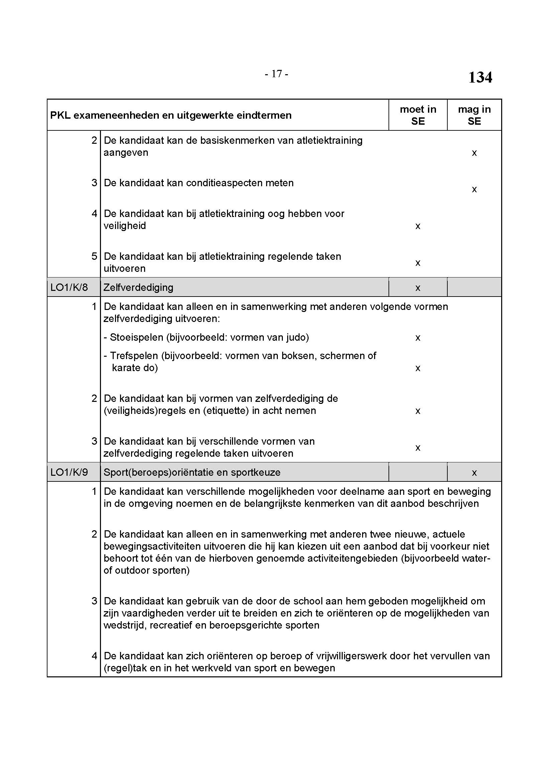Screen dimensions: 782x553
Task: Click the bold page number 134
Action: [x=480, y=77]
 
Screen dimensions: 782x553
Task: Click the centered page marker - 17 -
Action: [x=276, y=74]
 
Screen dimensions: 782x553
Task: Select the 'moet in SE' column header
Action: [x=418, y=115]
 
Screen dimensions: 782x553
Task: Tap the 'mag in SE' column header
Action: [x=474, y=115]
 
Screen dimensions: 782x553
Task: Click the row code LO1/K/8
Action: [x=69, y=288]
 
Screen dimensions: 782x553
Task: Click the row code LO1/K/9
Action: [x=69, y=472]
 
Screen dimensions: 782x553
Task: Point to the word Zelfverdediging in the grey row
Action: [x=138, y=288]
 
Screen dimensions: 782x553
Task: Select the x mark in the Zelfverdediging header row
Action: [x=418, y=288]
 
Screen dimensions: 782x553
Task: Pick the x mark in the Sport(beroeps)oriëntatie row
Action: [x=474, y=473]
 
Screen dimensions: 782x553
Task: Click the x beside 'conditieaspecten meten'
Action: [x=474, y=190]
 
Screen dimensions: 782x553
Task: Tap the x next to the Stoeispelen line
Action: [x=418, y=338]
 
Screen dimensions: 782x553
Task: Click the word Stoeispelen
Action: [x=136, y=338]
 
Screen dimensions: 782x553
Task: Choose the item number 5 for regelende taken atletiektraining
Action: [x=94, y=256]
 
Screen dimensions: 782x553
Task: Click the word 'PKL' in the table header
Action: [x=60, y=115]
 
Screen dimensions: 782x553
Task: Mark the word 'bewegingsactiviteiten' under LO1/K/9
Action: [x=152, y=546]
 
